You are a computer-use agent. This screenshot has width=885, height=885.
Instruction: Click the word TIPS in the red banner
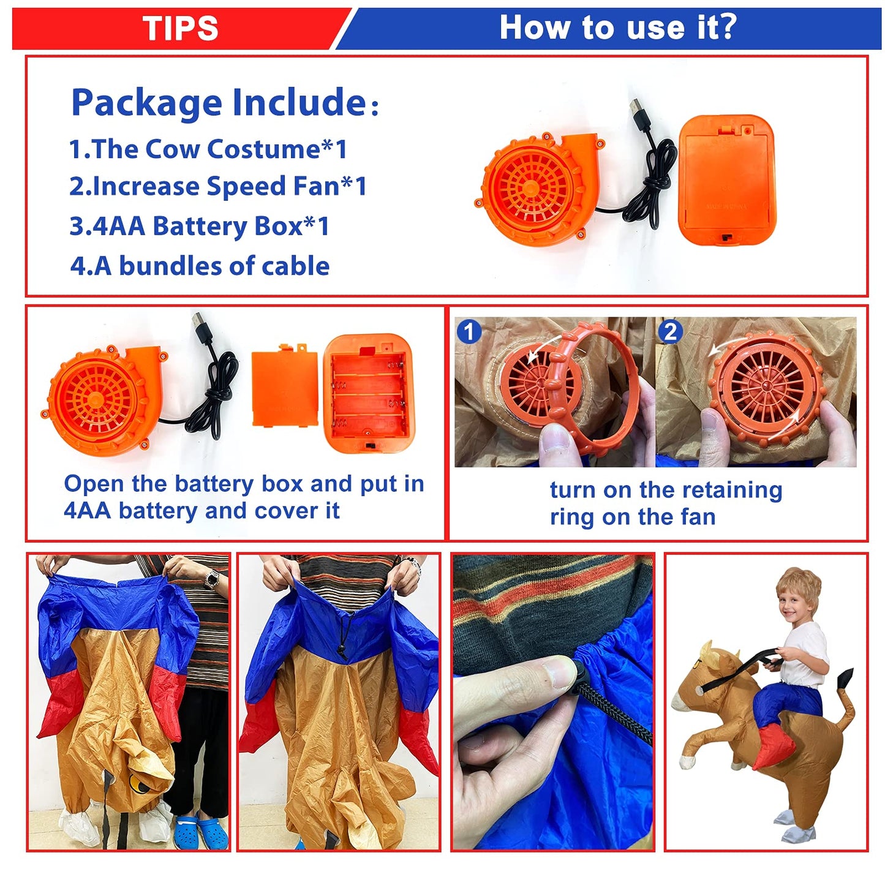[180, 28]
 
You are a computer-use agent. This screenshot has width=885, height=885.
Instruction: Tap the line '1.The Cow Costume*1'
[208, 149]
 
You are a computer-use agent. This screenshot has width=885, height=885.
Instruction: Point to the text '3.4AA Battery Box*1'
[199, 226]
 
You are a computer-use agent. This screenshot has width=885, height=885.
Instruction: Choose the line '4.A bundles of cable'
[200, 266]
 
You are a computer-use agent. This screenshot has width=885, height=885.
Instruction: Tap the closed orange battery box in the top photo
[726, 180]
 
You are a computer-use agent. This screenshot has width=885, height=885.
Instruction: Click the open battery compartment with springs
[369, 393]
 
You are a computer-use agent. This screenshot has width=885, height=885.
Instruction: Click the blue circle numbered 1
[469, 331]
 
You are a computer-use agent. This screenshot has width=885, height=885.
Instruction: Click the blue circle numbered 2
[670, 331]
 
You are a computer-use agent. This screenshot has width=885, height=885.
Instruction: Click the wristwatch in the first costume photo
[212, 579]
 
